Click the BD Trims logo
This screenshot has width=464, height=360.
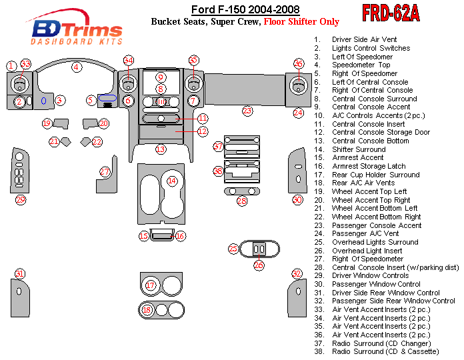pos(77,29)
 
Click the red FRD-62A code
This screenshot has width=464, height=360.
pos(391,13)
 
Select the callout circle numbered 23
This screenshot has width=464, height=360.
pos(247,110)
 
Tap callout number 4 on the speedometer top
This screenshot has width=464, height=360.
pos(77,67)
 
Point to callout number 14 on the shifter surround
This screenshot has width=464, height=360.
pos(172,181)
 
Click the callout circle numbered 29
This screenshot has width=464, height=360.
pos(21,199)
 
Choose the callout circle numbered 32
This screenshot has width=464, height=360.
pos(297,273)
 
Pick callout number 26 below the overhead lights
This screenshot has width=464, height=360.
pos(259,265)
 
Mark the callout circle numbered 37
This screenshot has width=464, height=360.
pos(218,146)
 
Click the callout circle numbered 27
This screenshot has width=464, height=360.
pos(105,171)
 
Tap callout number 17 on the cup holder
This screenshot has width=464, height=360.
pos(151,285)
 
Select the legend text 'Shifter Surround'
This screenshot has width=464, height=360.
pos(359,149)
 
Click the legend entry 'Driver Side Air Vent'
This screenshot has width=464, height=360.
pos(364,39)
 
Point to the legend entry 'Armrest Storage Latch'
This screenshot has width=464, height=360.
pos(369,166)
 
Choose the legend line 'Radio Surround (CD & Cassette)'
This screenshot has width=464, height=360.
pos(385,351)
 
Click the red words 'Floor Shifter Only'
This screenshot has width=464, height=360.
pos(301,21)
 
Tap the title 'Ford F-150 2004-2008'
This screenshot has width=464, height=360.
pos(245,9)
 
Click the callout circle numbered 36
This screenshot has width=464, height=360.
pos(298,63)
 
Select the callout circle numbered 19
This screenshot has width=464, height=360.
pos(47,123)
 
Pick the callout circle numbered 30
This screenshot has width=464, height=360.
pos(297,199)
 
